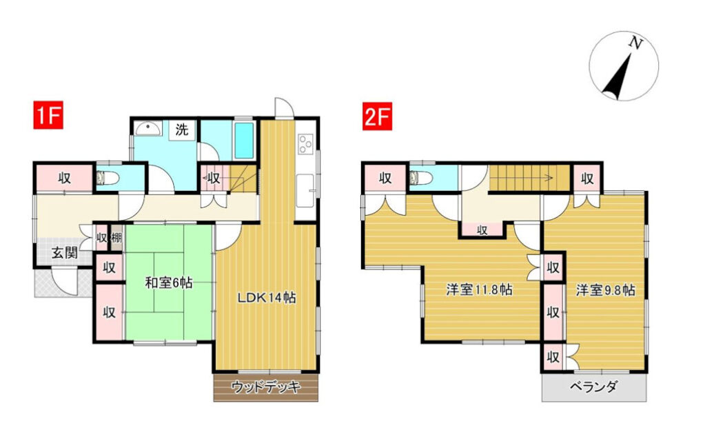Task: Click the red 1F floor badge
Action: pyautogui.click(x=48, y=116)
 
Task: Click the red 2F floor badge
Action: pyautogui.click(x=378, y=116)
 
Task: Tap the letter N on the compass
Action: pyautogui.click(x=635, y=43)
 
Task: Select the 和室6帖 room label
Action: pyautogui.click(x=169, y=283)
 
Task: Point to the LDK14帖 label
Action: pyautogui.click(x=266, y=297)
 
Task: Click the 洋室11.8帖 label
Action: pyautogui.click(x=479, y=289)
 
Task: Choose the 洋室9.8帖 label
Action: pyautogui.click(x=605, y=290)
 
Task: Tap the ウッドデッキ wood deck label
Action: pyautogui.click(x=266, y=387)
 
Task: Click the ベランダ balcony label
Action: pyautogui.click(x=594, y=387)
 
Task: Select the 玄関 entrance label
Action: pyautogui.click(x=65, y=253)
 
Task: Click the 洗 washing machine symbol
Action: pyautogui.click(x=182, y=130)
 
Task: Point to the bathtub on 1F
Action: pyautogui.click(x=245, y=141)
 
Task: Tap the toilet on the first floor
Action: pyautogui.click(x=108, y=178)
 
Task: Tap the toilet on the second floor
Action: pyautogui.click(x=421, y=178)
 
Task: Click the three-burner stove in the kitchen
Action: pyautogui.click(x=305, y=144)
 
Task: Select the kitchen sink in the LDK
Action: pyautogui.click(x=306, y=191)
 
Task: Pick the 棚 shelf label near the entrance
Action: pyautogui.click(x=116, y=237)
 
